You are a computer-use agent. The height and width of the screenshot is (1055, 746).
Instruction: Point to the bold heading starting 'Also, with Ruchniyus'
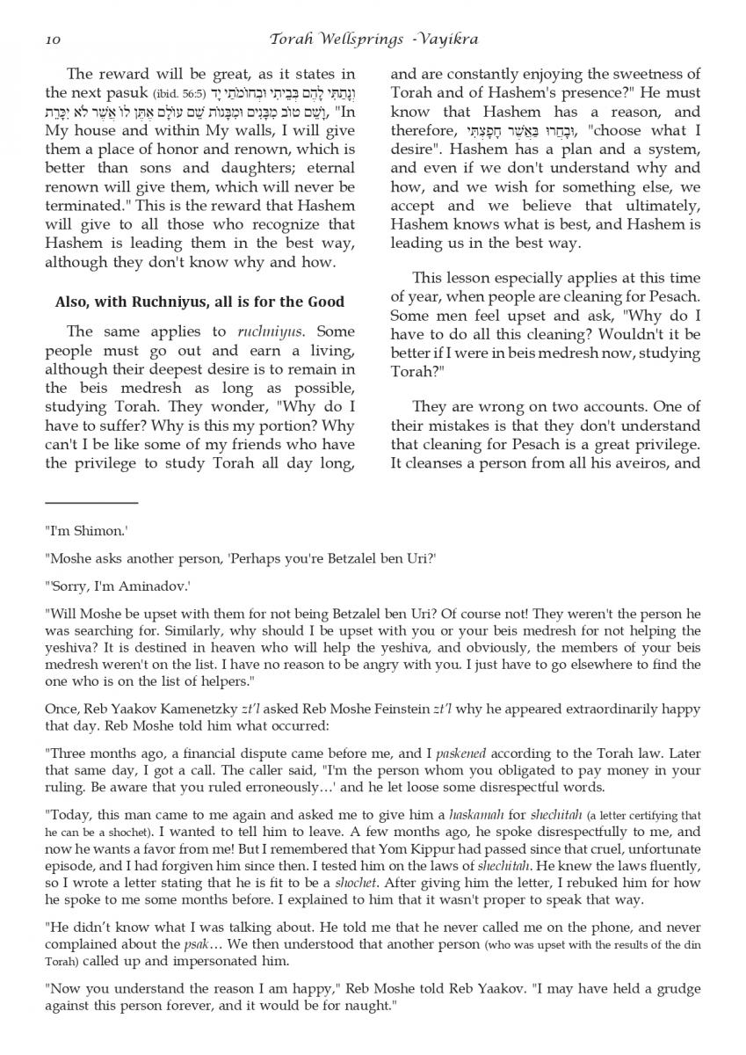(199, 302)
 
